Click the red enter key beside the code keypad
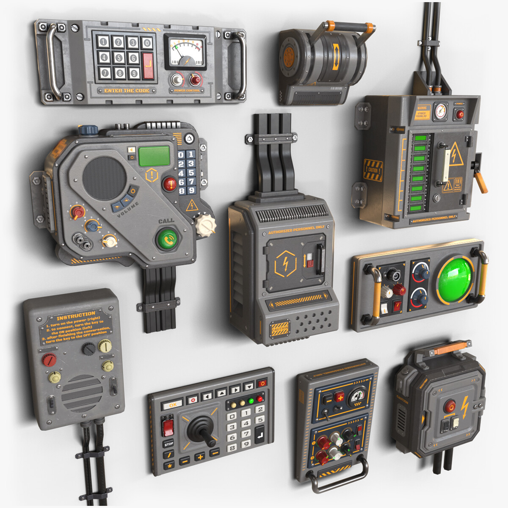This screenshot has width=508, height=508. pyautogui.click(x=148, y=66)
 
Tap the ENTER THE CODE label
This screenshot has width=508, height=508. pyautogui.click(x=127, y=91)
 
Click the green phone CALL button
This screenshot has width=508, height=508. pyautogui.click(x=168, y=239)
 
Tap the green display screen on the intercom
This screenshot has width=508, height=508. pyautogui.click(x=154, y=156)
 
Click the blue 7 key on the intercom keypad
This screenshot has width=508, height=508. pyautogui.click(x=190, y=182)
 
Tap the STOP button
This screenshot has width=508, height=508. pyautogui.click(x=168, y=444)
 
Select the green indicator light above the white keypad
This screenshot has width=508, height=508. pyautogui.click(x=251, y=400)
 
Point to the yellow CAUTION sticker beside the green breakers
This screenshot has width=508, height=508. pyautogui.click(x=373, y=169)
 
